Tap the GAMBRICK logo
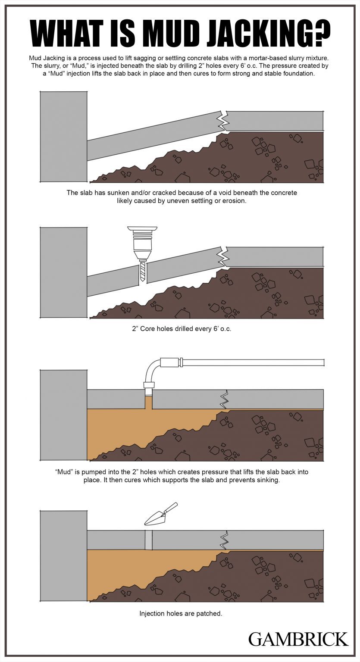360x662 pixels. tap(298, 639)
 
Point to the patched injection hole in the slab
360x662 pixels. tap(149, 540)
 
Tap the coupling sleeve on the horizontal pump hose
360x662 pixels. tap(170, 362)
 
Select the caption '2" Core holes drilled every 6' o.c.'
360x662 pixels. tap(182, 328)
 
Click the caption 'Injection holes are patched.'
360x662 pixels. tap(181, 613)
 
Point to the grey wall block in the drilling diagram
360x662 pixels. tap(63, 272)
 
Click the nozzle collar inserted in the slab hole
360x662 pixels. tap(149, 386)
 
